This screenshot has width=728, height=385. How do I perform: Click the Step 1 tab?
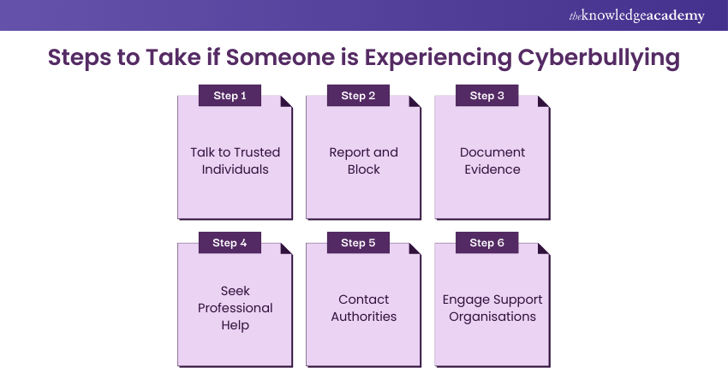230,96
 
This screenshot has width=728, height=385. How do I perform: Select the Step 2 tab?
358,96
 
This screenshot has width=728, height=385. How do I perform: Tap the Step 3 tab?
486,96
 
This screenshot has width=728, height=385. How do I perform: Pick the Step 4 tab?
230,243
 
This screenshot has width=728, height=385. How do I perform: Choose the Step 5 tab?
358,243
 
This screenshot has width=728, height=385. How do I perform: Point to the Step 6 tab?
486,243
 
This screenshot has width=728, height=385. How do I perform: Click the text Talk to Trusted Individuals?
235,161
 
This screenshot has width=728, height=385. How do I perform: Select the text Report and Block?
363,161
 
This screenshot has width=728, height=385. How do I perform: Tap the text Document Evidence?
492,161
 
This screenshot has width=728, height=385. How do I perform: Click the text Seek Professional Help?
235,307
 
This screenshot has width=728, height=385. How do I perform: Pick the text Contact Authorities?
363,307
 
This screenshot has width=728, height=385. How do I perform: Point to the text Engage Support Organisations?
492,307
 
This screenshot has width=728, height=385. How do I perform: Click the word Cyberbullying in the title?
599,57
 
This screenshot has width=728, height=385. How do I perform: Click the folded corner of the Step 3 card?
544,102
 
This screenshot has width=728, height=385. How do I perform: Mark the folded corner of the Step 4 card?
287,249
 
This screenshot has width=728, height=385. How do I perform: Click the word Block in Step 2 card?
363,169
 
